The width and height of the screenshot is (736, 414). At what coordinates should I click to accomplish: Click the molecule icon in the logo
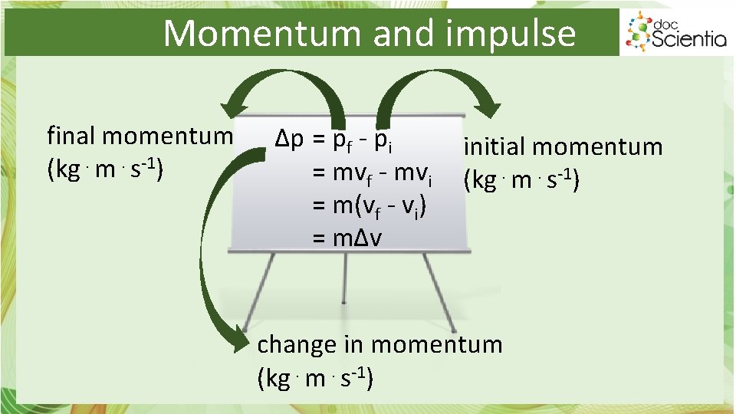pos(638,31)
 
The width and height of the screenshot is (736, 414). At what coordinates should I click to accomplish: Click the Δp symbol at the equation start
pos(290,140)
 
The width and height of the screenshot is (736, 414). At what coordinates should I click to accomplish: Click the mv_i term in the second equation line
pos(414,174)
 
